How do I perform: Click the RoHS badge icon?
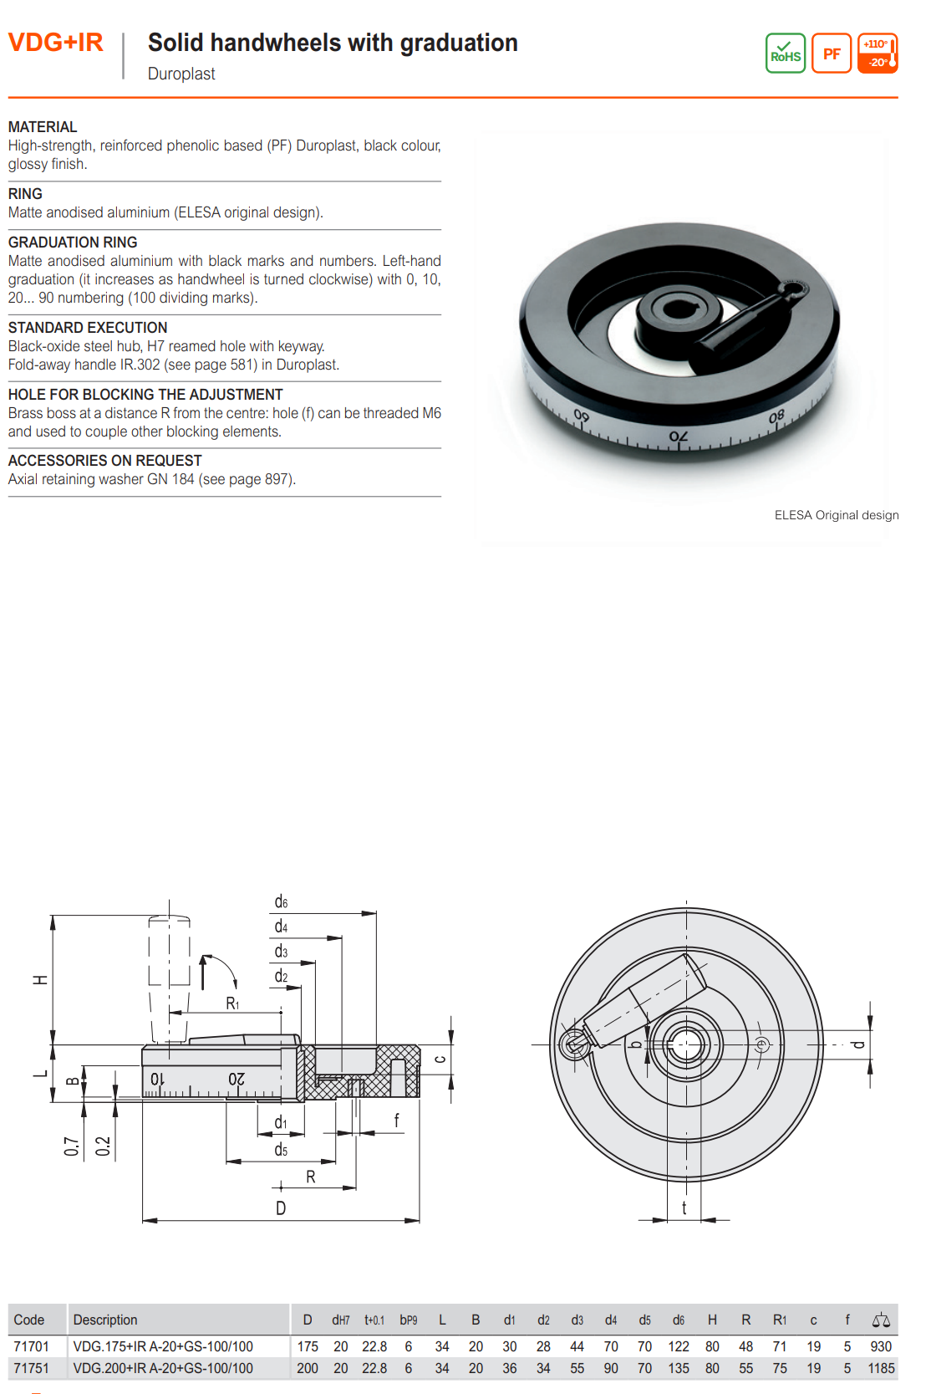785,54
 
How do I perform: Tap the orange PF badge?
831,54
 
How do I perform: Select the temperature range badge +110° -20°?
878,54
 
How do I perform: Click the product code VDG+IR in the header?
55,43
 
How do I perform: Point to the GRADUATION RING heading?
73,243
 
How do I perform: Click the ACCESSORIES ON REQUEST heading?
104,461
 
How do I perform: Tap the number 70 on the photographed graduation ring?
679,437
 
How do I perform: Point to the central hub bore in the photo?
678,310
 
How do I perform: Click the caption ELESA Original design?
836,515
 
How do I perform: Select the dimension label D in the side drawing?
281,1208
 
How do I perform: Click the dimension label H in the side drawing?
39,979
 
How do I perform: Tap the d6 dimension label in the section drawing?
281,902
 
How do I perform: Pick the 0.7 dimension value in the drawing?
72,1146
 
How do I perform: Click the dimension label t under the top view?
684,1208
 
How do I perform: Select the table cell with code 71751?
31,1368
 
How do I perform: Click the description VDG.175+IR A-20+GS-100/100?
163,1346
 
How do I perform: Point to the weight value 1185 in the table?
881,1368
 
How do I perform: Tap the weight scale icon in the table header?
881,1320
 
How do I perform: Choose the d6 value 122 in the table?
679,1346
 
